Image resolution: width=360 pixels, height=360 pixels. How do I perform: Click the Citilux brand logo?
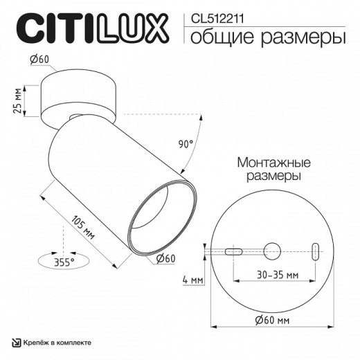pos(91,30)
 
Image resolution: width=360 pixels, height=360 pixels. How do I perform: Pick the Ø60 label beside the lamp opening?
pos(164,258)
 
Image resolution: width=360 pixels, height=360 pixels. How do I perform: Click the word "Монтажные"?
pos(274,162)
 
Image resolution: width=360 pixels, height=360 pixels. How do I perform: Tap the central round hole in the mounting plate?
pos(272,249)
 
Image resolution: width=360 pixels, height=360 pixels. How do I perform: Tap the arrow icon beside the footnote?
pos(16,344)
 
